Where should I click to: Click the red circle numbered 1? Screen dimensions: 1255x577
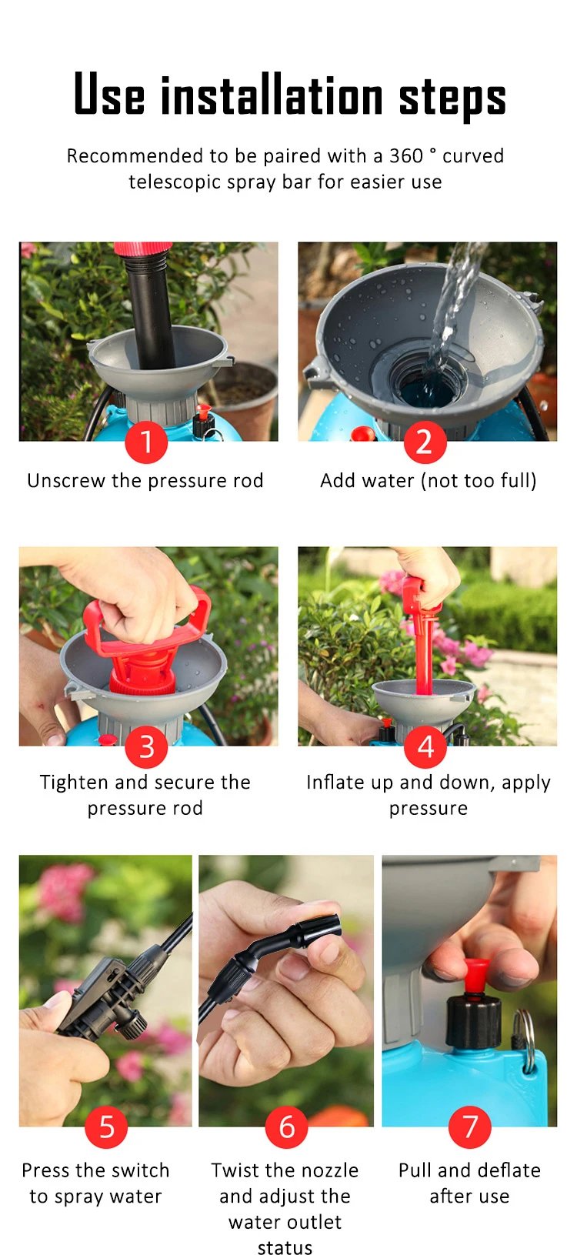(146, 442)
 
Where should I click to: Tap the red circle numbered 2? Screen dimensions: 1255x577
(425, 442)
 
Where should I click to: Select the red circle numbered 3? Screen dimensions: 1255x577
(146, 746)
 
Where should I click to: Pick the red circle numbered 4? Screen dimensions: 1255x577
(425, 746)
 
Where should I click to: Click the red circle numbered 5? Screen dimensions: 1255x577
(106, 1127)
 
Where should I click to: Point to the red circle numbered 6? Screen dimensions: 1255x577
(286, 1127)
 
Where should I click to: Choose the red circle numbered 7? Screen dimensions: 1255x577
(469, 1127)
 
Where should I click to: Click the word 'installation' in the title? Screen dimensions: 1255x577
(272, 97)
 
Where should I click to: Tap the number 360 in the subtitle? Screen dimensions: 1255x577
(405, 156)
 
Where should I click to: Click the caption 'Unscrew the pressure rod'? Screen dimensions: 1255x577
(145, 481)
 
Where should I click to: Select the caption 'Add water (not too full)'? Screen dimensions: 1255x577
(429, 481)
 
